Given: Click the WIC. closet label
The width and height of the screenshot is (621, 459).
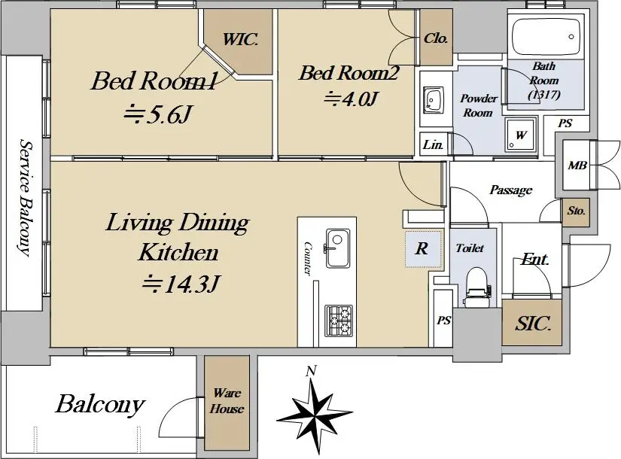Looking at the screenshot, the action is [x=240, y=39].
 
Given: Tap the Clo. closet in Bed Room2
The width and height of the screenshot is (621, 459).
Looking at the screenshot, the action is [x=436, y=38].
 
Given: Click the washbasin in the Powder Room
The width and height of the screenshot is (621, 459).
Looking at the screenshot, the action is [x=435, y=99].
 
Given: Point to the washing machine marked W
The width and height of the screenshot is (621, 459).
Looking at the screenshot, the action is [x=520, y=134].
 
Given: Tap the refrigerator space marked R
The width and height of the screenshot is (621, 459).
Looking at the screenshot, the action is [x=422, y=249].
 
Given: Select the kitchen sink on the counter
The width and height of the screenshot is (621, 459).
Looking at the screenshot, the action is [x=337, y=248].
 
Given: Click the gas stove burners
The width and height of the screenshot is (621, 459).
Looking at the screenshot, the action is [x=339, y=321].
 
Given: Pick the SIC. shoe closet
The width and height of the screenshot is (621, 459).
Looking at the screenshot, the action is [x=532, y=323].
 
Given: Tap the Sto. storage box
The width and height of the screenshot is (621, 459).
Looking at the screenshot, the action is [x=576, y=212].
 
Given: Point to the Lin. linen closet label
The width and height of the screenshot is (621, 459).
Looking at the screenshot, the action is [x=433, y=144].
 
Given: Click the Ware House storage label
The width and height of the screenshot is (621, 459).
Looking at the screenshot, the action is [x=227, y=401].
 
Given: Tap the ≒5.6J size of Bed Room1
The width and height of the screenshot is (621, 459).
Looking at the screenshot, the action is [x=157, y=114].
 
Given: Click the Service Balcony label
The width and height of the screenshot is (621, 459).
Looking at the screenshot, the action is [x=25, y=197].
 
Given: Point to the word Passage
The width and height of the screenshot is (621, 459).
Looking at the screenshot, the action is [x=511, y=190].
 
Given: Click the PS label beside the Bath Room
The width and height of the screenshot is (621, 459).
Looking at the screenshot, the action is [x=565, y=123].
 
